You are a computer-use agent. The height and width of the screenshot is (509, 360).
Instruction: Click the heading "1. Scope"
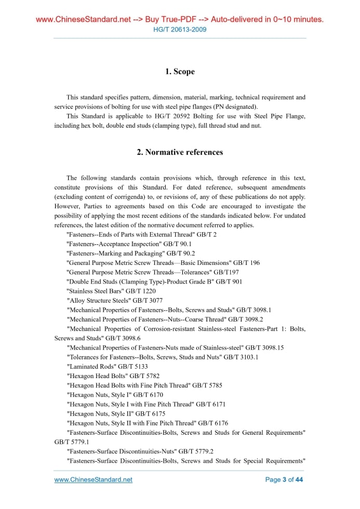(180, 72)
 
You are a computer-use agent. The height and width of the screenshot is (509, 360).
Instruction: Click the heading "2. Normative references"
(180, 152)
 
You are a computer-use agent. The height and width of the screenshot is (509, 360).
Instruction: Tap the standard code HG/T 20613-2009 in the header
(180, 30)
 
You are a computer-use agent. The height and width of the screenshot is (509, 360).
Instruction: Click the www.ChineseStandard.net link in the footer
(94, 479)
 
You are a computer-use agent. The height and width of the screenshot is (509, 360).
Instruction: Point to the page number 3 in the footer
(284, 479)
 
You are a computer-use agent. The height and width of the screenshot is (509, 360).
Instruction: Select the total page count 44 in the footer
(299, 479)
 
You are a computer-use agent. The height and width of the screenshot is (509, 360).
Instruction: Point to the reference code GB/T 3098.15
(264, 347)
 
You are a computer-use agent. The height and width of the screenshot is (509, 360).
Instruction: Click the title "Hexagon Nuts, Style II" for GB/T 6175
(99, 413)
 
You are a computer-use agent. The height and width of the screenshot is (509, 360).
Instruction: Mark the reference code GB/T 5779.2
(196, 451)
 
